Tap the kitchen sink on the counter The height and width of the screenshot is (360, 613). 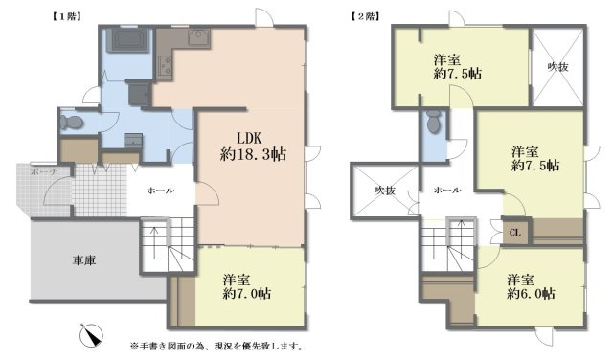point(198,39)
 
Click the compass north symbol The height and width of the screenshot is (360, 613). point(94,335)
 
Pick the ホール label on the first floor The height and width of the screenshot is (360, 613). point(160,191)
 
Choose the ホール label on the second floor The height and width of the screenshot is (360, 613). point(446,191)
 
